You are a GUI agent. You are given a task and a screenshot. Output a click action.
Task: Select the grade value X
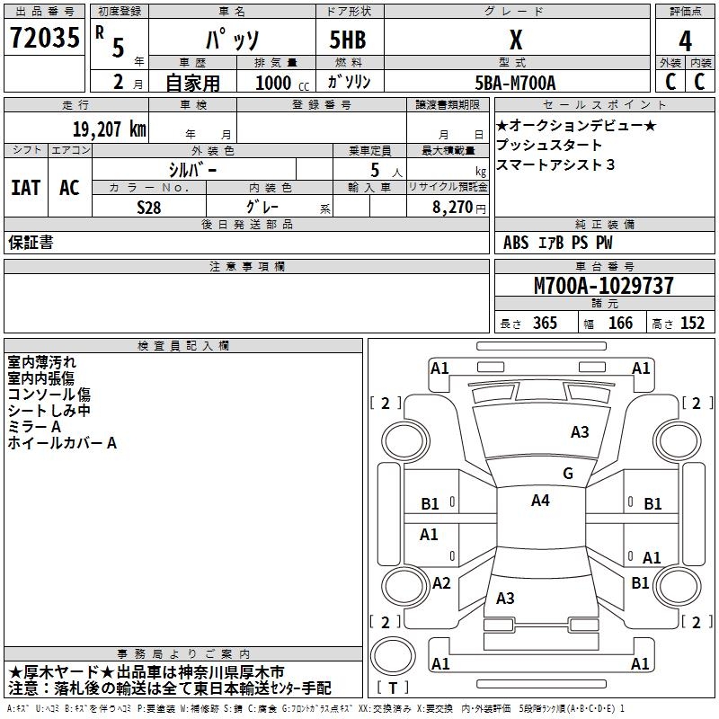click(515, 40)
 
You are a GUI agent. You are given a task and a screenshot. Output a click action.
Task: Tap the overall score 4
click(685, 40)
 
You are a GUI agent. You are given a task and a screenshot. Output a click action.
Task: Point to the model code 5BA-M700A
click(515, 83)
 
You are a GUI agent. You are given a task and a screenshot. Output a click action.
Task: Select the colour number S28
click(149, 206)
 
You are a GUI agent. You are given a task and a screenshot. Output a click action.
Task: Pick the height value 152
click(692, 324)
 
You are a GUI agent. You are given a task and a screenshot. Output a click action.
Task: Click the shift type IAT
click(26, 188)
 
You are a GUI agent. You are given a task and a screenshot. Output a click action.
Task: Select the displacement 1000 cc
click(280, 83)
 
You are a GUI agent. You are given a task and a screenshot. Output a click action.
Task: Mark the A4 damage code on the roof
click(540, 501)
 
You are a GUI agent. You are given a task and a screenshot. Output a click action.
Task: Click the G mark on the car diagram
click(568, 474)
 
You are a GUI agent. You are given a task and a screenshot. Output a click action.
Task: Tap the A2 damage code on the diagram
click(441, 583)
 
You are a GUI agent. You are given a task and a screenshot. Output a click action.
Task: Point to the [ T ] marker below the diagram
click(393, 688)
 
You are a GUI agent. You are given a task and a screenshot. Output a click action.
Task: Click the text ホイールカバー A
click(62, 443)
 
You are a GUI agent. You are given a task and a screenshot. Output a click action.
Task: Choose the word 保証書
click(31, 243)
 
